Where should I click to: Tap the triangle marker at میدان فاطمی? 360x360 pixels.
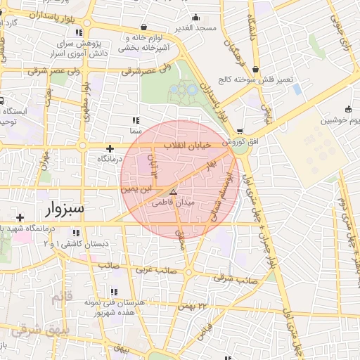[174, 191]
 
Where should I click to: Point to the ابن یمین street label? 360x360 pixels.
[136, 188]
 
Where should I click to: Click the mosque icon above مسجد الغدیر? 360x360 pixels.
[195, 18]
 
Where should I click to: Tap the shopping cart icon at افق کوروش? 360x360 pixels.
[240, 131]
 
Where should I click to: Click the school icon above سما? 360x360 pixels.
[135, 121]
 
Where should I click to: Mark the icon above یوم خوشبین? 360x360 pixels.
[349, 108]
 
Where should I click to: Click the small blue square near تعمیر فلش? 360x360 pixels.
[297, 90]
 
